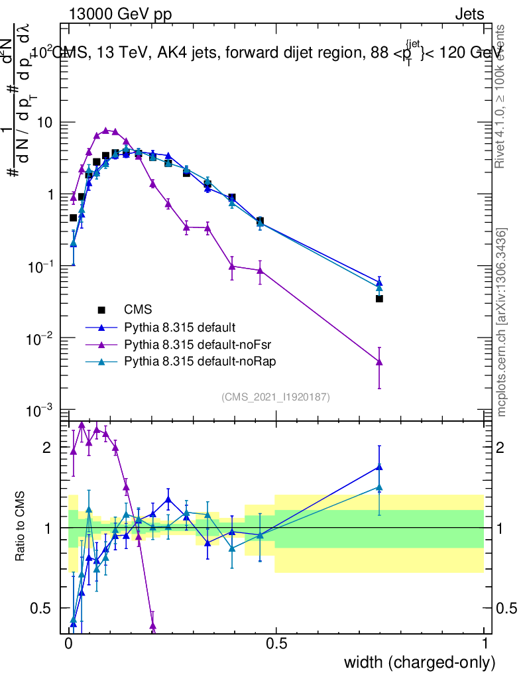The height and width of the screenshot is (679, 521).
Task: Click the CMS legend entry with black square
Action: [x=138, y=310]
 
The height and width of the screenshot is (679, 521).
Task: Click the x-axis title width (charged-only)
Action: [x=419, y=662]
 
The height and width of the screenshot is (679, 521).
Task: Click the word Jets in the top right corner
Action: [x=469, y=14]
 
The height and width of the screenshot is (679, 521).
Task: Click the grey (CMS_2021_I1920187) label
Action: [x=276, y=397]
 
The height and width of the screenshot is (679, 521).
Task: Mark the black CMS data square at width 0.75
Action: [x=379, y=299]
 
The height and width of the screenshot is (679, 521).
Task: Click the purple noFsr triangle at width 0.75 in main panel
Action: [x=379, y=362]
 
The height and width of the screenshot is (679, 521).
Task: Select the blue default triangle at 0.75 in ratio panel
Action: [x=379, y=467]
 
